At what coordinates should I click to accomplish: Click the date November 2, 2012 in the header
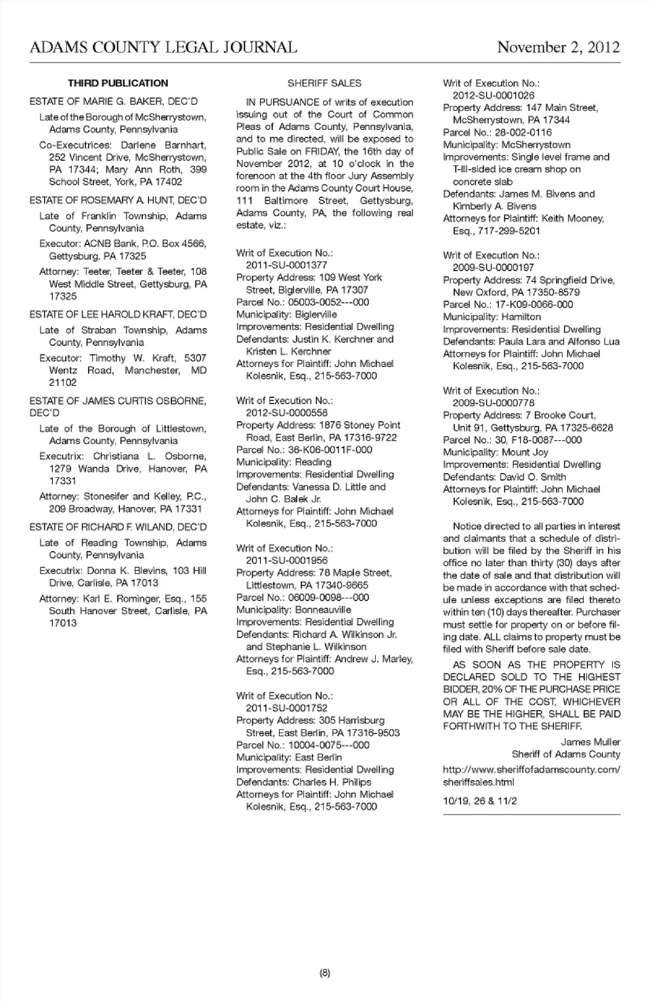pos(558,47)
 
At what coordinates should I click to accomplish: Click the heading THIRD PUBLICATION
pos(118,83)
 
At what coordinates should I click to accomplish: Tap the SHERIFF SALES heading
pos(324,83)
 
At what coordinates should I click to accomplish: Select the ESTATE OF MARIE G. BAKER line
pos(114,102)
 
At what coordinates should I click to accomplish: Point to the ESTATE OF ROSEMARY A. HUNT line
pos(118,200)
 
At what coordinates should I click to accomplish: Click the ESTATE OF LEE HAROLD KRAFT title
pos(118,314)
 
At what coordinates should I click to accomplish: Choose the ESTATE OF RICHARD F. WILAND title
pos(118,527)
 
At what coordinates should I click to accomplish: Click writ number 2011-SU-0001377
pos(286,265)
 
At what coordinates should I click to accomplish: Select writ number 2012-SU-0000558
pos(286,412)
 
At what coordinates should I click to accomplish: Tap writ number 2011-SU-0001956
pos(286,560)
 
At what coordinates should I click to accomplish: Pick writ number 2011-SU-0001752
pos(286,707)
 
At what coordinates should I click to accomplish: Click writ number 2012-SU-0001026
pos(494,95)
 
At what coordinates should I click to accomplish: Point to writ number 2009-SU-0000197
pos(494,267)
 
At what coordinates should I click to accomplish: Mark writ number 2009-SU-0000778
pos(494,403)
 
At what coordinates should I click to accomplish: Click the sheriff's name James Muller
pos(590,742)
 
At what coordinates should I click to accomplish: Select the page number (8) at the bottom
pos(324,973)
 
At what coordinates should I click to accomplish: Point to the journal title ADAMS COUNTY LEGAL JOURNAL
pos(163,47)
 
